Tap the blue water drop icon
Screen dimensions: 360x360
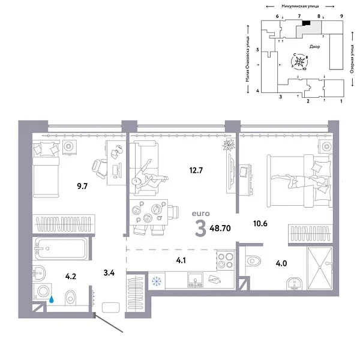[53, 298]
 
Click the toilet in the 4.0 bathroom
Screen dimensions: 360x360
[254, 259]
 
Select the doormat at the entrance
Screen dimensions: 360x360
[112, 308]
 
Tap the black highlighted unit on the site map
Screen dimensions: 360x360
[306, 23]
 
